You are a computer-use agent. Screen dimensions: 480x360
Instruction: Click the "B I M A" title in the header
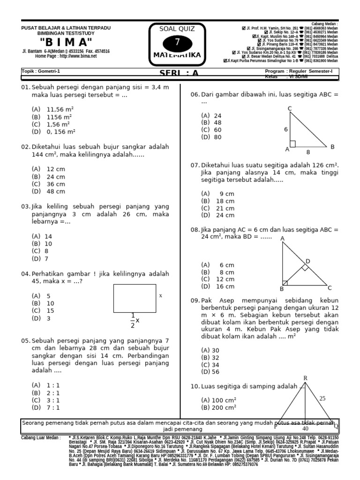[x=66, y=42]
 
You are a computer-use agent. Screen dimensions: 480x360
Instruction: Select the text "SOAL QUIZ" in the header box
[x=177, y=29]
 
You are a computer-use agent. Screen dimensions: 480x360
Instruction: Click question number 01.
[x=25, y=87]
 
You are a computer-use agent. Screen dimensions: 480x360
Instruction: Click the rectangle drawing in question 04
[x=135, y=298]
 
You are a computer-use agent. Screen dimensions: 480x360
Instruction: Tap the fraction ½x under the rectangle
[x=135, y=320]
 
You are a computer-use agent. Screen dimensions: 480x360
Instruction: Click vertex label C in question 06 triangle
[x=290, y=109]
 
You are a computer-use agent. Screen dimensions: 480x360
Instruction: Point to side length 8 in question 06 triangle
[x=308, y=152]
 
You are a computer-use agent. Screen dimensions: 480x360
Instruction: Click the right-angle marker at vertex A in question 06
[x=292, y=143]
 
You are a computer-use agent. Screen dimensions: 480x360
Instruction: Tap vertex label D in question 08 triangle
[x=308, y=261]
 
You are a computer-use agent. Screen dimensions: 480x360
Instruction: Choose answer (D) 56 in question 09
[x=210, y=372]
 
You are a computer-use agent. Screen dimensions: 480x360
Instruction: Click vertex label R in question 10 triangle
[x=305, y=378]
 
